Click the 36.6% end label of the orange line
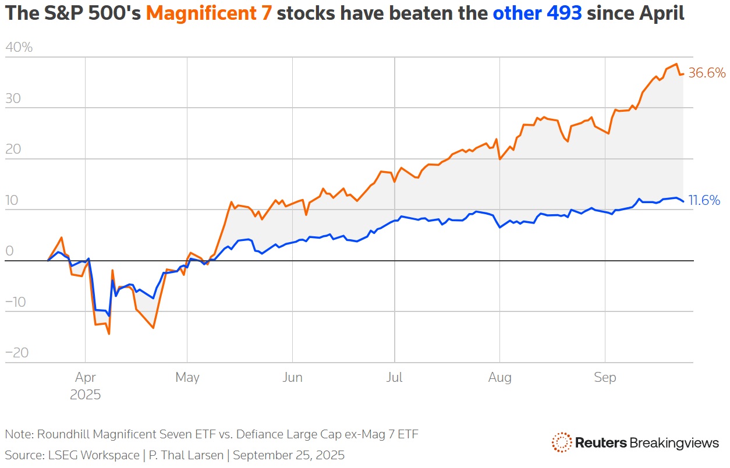coord(707,73)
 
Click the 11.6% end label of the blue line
coord(704,201)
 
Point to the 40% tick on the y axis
coord(19,48)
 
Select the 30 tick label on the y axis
coord(13,98)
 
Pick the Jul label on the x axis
coord(394,378)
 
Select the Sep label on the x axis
coord(605,378)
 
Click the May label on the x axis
coord(187,378)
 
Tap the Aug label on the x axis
coord(499,378)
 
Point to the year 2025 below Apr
coord(86,395)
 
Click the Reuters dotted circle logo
coord(561,443)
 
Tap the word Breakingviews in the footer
coord(674,444)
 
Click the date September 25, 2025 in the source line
coord(289,455)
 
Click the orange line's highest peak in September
coord(676,64)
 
